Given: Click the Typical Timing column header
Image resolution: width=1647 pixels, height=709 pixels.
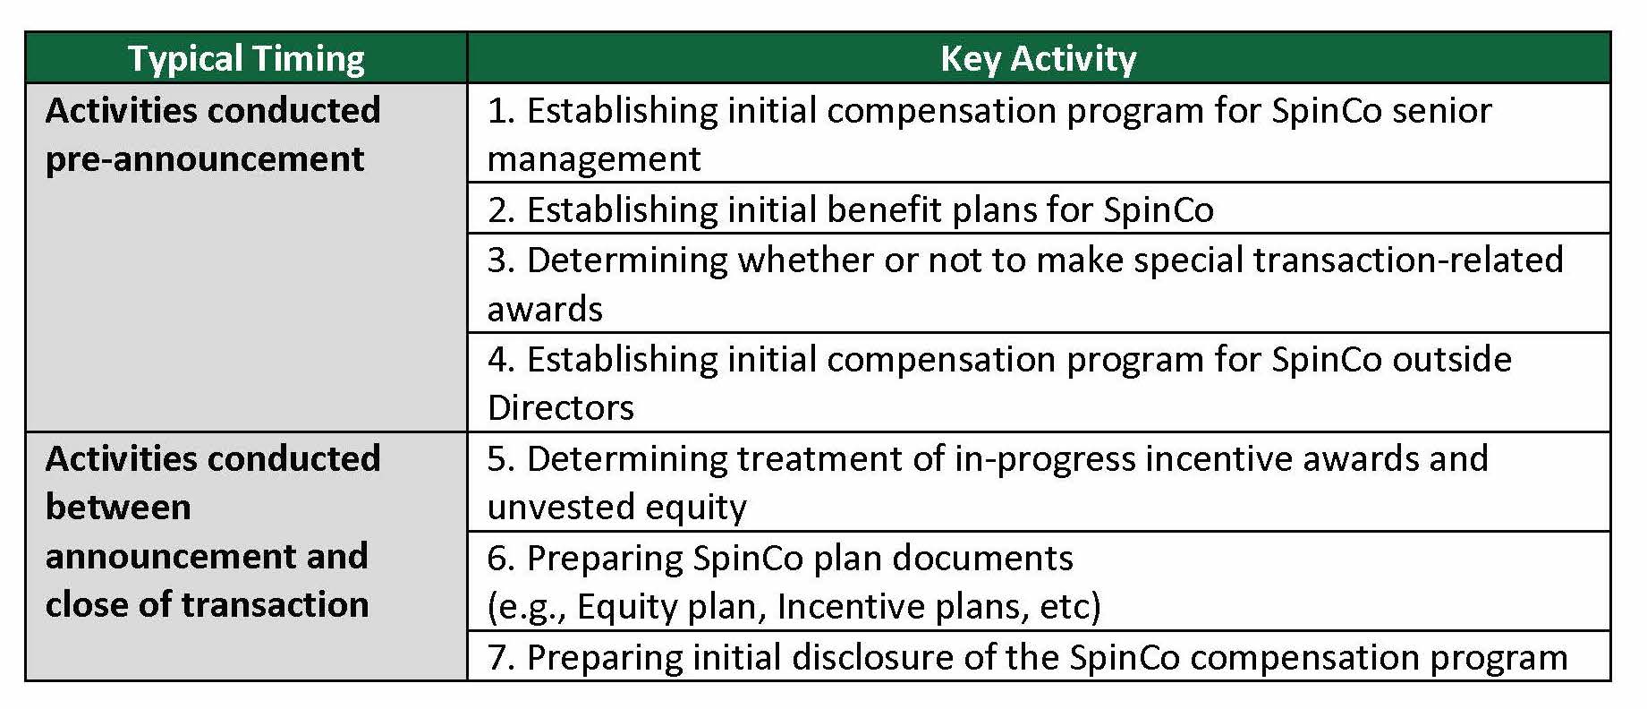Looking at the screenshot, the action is coord(246,59).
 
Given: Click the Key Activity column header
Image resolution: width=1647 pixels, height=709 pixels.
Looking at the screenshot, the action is coord(1038,59).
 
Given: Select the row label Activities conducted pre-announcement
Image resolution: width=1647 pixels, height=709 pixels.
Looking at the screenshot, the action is coord(213,134).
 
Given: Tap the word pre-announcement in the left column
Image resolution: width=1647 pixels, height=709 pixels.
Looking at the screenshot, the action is coord(204,159).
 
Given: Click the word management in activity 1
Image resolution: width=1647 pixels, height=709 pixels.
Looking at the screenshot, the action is coord(594,159).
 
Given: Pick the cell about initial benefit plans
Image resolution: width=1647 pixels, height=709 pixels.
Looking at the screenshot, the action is coord(1039,209).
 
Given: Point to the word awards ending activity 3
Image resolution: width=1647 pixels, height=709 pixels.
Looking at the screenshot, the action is coord(545,309).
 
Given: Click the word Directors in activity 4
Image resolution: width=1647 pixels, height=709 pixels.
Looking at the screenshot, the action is coord(560,407).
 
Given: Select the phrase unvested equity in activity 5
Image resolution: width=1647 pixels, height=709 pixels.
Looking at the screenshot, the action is coord(616,507).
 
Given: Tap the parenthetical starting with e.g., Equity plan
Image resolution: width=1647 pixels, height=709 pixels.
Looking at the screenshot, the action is coord(794,606).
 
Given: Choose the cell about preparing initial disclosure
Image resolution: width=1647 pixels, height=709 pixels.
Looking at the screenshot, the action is coord(1039,656).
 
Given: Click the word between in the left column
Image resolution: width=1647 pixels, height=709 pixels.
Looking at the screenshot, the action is coord(118,507).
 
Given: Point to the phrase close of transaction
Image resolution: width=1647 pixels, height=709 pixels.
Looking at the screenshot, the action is coord(207,604).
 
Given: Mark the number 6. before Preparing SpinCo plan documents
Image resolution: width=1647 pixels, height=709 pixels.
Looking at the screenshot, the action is coord(501,558).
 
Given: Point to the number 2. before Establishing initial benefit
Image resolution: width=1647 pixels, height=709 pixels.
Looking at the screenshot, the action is coord(501,209).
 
